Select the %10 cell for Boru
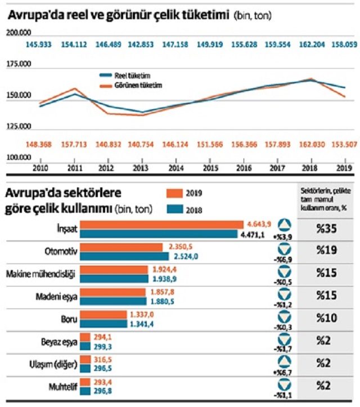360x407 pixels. coord(326,319)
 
